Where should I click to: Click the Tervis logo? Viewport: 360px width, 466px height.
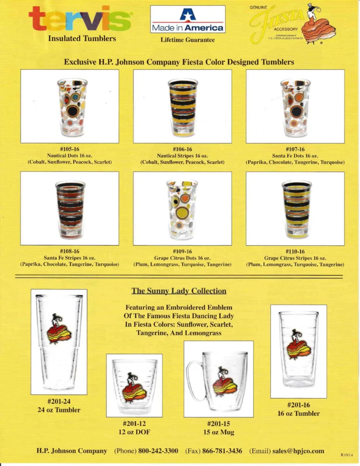81,20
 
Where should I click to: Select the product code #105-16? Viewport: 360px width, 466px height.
70,149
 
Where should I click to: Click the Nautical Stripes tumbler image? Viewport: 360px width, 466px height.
183,107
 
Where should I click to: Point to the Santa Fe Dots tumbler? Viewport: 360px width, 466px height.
295,107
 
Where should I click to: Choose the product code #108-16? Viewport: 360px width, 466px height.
70,251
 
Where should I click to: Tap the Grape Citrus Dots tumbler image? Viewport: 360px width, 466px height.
182,209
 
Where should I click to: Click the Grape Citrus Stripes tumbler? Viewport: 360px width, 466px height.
296,209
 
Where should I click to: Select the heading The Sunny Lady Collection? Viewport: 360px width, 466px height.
179,291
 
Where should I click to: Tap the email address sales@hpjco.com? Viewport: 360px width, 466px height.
298,451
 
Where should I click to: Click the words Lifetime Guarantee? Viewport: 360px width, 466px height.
188,40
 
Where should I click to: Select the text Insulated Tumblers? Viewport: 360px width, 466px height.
82,38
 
